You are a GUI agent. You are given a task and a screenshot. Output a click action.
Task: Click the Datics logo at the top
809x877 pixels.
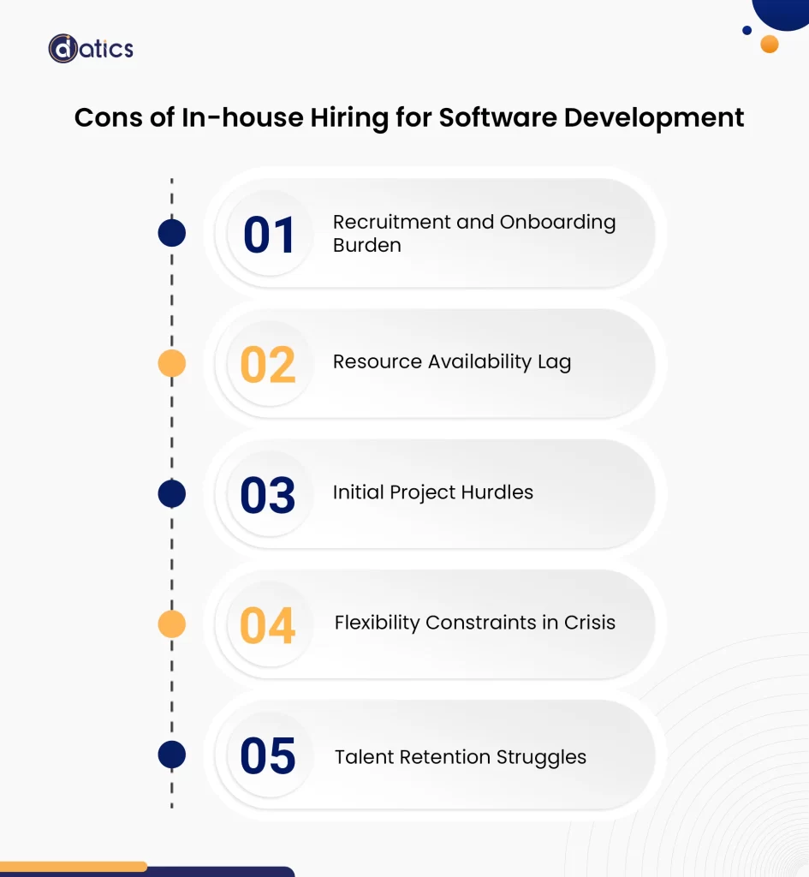tap(91, 48)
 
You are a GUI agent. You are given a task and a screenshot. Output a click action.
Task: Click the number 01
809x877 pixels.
tap(269, 236)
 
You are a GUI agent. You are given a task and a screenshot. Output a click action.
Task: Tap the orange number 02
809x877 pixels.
tap(268, 365)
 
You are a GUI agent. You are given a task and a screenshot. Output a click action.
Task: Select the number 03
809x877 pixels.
tap(268, 496)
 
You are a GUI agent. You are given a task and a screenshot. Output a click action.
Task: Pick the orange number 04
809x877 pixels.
tap(268, 626)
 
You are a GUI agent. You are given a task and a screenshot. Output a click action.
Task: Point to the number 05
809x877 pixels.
tap(268, 756)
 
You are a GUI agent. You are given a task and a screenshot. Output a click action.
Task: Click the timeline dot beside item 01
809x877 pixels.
tap(172, 233)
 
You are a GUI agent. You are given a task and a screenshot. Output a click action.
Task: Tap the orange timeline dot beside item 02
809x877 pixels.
tap(172, 364)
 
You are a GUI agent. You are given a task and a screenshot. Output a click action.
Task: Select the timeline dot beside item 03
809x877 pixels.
tap(172, 494)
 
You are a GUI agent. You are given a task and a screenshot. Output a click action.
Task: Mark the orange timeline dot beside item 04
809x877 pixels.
tap(172, 624)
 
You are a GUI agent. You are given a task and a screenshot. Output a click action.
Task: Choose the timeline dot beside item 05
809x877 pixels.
tap(172, 755)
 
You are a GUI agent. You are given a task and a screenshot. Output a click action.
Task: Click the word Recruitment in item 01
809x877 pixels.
tap(391, 222)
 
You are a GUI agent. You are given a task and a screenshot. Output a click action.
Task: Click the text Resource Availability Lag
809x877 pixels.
tap(451, 362)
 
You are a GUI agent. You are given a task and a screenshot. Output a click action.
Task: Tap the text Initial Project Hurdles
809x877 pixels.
tap(432, 492)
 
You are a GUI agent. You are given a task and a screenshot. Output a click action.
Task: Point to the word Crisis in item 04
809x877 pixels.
tap(589, 623)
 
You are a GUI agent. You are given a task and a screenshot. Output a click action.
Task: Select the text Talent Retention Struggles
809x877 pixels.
tap(460, 757)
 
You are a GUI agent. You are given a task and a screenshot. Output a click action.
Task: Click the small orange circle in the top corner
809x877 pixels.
tap(770, 44)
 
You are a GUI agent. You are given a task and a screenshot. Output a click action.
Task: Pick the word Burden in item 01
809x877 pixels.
tap(366, 246)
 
